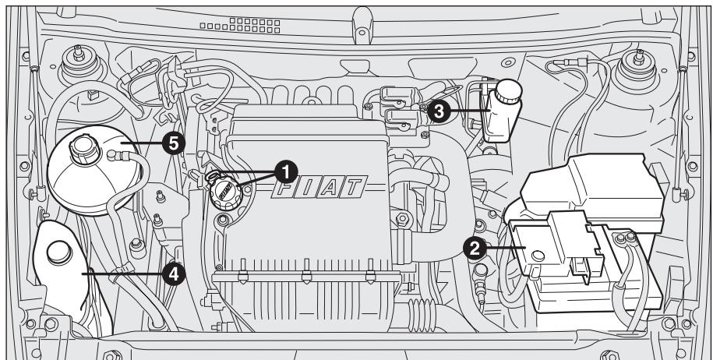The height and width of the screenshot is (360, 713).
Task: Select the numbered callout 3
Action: pos(439,111)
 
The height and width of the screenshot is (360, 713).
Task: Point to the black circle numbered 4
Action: pos(175,273)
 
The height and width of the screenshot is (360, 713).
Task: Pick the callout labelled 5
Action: pos(171,143)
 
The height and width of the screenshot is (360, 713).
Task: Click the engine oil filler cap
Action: pos(224,189)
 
